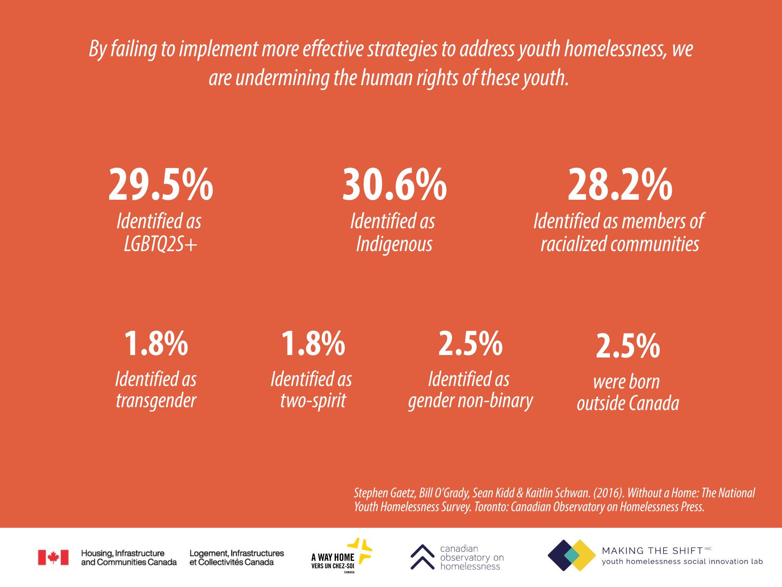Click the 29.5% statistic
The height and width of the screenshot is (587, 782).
(x=160, y=185)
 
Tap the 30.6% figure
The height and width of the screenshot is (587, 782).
(x=394, y=185)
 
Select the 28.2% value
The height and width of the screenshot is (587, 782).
(x=620, y=185)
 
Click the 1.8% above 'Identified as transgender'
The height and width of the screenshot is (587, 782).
(x=156, y=344)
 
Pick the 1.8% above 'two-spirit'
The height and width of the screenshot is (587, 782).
(x=313, y=344)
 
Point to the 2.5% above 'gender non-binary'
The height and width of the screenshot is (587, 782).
(x=470, y=344)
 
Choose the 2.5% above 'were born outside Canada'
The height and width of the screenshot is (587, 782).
(x=628, y=346)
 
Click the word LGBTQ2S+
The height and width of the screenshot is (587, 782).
(x=160, y=244)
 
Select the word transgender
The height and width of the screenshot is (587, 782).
(x=156, y=401)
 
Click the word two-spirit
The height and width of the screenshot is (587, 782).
(x=313, y=401)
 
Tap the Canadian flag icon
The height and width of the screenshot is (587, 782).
(x=53, y=557)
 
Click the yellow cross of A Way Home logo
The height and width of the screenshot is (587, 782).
(x=360, y=551)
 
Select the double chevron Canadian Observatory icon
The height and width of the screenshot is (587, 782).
(x=422, y=557)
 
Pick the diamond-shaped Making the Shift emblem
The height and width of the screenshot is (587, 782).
(x=572, y=555)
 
